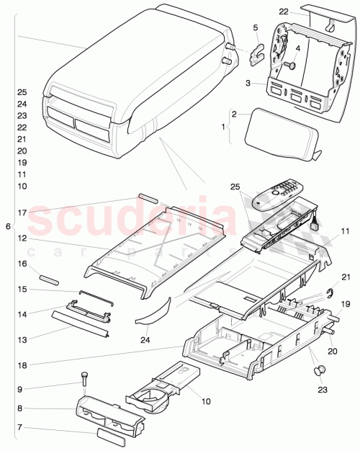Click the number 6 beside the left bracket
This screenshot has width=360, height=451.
tap(8, 226)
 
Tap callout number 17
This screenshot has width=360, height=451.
tap(22, 213)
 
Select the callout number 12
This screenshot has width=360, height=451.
tap(22, 238)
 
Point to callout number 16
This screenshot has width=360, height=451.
tap(22, 264)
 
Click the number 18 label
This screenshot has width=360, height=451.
tap(22, 366)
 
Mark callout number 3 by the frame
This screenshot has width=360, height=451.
tap(248, 84)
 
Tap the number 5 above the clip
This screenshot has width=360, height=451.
tap(255, 28)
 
